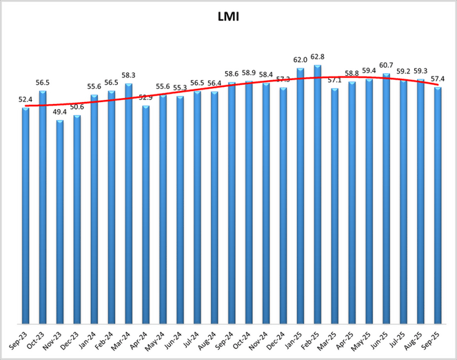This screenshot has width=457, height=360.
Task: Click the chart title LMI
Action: (x=229, y=15)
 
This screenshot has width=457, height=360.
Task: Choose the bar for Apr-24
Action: (x=145, y=214)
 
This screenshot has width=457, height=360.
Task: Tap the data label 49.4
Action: (x=60, y=112)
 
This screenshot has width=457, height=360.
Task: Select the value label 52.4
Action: (x=26, y=99)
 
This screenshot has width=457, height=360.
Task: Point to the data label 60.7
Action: (x=386, y=66)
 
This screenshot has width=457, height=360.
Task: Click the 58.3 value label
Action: (x=129, y=75)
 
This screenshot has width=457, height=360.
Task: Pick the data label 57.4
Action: (x=438, y=79)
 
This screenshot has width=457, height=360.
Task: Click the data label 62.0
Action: (x=300, y=60)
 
